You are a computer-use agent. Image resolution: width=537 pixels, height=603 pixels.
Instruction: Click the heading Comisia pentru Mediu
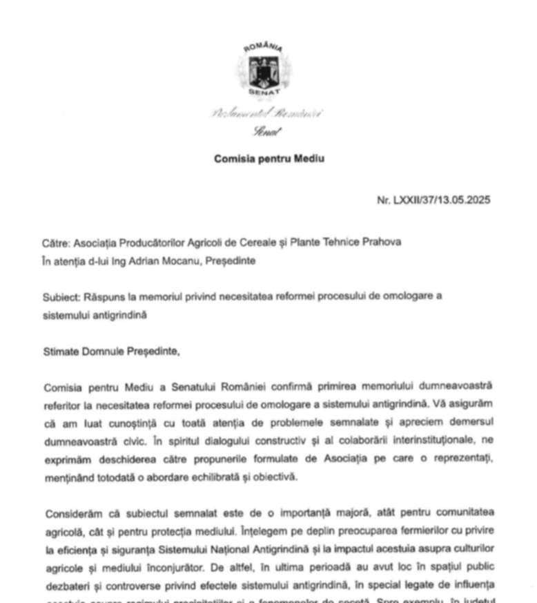tap(268, 158)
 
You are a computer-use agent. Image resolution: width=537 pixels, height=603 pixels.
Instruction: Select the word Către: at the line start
tap(56, 242)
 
